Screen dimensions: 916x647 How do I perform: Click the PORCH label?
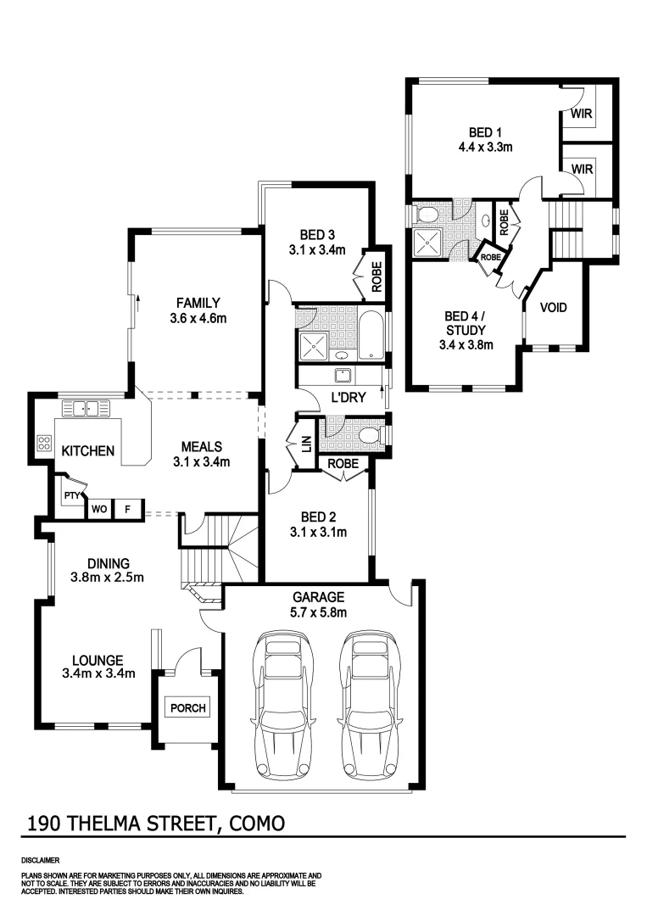[x=187, y=708]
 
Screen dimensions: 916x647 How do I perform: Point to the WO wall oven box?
[x=98, y=509]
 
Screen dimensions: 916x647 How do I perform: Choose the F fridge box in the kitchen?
[x=128, y=509]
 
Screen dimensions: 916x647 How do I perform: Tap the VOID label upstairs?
[x=553, y=307]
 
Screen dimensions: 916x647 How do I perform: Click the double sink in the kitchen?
[x=85, y=408]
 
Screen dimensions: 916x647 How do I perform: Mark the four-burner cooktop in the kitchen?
[x=42, y=443]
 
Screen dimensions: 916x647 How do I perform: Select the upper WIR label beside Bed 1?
[x=581, y=113]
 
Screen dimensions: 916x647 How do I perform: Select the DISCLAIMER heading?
[x=39, y=859]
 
